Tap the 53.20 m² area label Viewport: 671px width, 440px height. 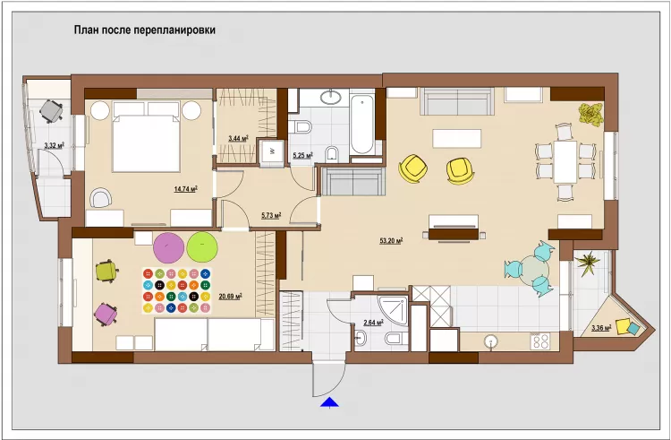click(390, 240)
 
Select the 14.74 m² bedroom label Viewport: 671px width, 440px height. click(185, 188)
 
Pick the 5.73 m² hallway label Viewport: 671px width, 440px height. click(270, 215)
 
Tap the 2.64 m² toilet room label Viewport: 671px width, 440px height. click(373, 323)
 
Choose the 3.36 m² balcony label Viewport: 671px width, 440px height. click(602, 328)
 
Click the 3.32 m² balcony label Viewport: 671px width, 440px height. click(54, 144)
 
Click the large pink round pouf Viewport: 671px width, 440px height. click(167, 246)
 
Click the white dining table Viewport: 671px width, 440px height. click(565, 160)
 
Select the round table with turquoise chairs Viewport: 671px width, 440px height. click(535, 268)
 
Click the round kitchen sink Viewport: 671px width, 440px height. click(491, 341)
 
